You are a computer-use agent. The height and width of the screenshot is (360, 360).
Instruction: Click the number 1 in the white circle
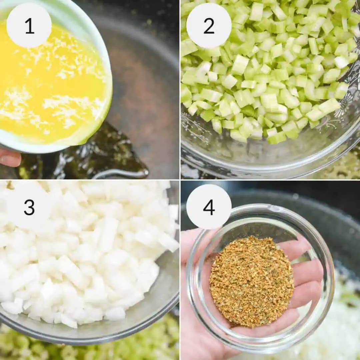point(29,26)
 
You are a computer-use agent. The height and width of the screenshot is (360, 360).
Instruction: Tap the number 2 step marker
point(209,26)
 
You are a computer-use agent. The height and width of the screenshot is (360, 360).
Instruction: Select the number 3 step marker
point(29,207)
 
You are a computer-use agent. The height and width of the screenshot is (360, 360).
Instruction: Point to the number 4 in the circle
point(209,207)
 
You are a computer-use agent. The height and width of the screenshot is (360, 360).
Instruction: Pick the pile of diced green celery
point(267,67)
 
